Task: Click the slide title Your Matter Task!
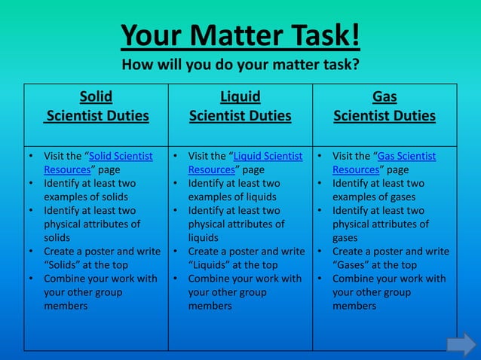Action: pyautogui.click(x=240, y=35)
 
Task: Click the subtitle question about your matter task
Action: pyautogui.click(x=240, y=64)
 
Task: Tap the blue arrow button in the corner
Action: pyautogui.click(x=461, y=344)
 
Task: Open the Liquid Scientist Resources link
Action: pyautogui.click(x=245, y=163)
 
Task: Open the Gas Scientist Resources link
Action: pyautogui.click(x=384, y=163)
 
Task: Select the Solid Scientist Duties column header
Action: pyautogui.click(x=96, y=106)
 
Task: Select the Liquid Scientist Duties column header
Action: pyautogui.click(x=240, y=106)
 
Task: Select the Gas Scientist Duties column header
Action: pyautogui.click(x=384, y=106)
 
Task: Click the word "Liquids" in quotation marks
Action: pyautogui.click(x=212, y=265)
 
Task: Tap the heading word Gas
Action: pyautogui.click(x=384, y=96)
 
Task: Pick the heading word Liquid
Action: pyautogui.click(x=240, y=96)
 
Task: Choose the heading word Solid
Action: pyautogui.click(x=96, y=96)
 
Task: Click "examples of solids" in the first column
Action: pyautogui.click(x=86, y=197)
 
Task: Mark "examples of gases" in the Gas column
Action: pyautogui.click(x=374, y=197)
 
